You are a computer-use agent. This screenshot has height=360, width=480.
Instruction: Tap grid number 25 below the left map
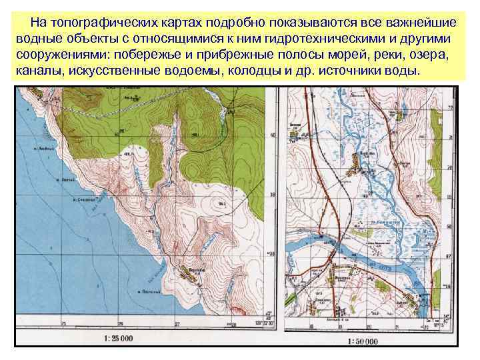[x=119, y=325]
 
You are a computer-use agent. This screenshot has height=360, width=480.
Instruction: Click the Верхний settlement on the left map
[x=189, y=273]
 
